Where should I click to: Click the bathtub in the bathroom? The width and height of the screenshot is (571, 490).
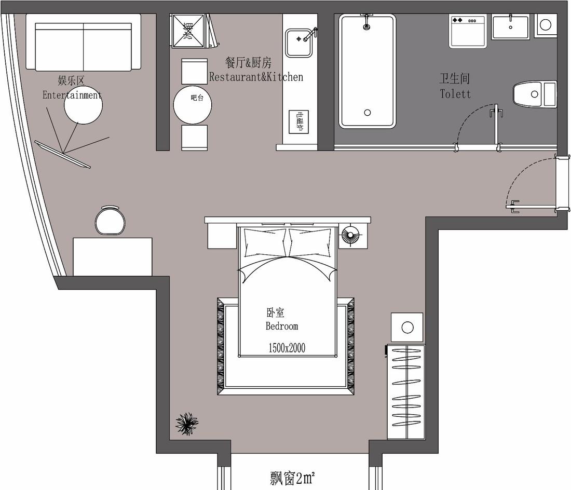(367, 71)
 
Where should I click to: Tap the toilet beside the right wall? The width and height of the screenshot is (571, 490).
(535, 94)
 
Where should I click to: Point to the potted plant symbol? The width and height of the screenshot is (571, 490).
(187, 424)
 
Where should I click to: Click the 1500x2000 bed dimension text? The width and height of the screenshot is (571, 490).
(287, 348)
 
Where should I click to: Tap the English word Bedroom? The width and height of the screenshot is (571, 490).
(282, 326)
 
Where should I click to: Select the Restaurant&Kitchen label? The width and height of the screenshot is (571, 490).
(256, 77)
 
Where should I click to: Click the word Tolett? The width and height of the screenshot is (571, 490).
(455, 94)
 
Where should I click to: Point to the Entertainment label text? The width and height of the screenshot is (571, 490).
(72, 95)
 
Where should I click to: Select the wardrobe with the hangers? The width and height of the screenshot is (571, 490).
(406, 392)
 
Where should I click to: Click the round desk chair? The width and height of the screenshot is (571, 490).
(110, 221)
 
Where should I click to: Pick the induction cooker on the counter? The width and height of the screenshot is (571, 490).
(300, 122)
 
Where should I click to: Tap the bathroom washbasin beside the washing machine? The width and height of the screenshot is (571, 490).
(510, 27)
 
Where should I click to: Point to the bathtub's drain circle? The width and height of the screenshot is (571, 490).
(368, 112)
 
